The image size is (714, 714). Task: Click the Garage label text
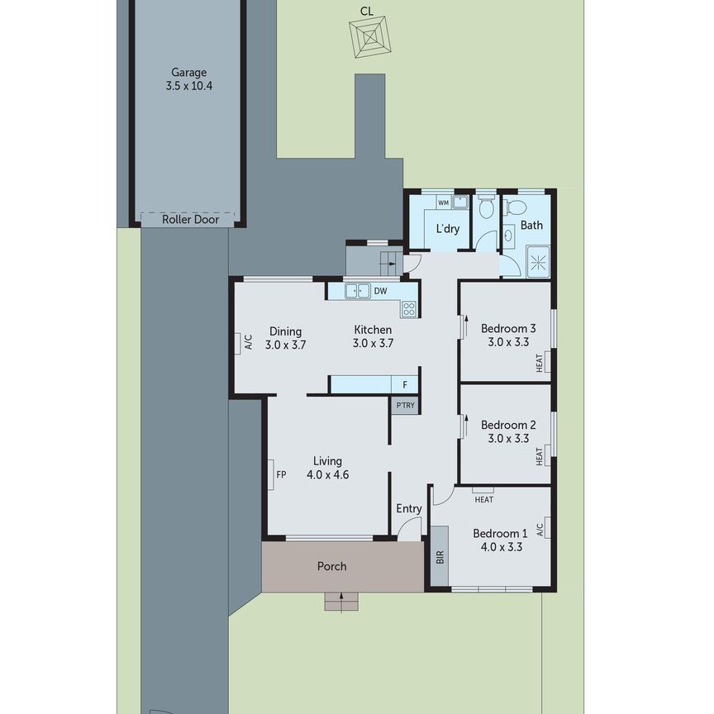tap(189, 72)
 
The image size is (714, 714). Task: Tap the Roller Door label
tap(188, 220)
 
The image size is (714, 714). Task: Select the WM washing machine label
tap(443, 202)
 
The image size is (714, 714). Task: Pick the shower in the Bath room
tap(538, 263)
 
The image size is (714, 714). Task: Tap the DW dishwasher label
tap(380, 291)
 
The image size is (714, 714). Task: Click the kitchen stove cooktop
tap(409, 309)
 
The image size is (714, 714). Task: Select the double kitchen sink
tap(358, 290)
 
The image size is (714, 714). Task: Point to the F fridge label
tap(405, 384)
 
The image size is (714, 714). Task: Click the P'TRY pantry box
tap(405, 405)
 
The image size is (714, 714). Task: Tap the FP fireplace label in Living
tap(281, 475)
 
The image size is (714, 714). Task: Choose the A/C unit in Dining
tap(247, 342)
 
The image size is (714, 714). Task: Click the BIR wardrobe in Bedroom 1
tap(439, 558)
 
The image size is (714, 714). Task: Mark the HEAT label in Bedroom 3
tap(540, 362)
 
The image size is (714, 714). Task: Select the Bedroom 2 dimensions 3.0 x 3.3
tap(508, 439)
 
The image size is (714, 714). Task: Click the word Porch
tap(332, 566)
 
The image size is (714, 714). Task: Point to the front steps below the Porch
tap(341, 602)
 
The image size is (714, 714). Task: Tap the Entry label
tap(409, 509)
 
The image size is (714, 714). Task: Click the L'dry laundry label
tap(448, 229)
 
